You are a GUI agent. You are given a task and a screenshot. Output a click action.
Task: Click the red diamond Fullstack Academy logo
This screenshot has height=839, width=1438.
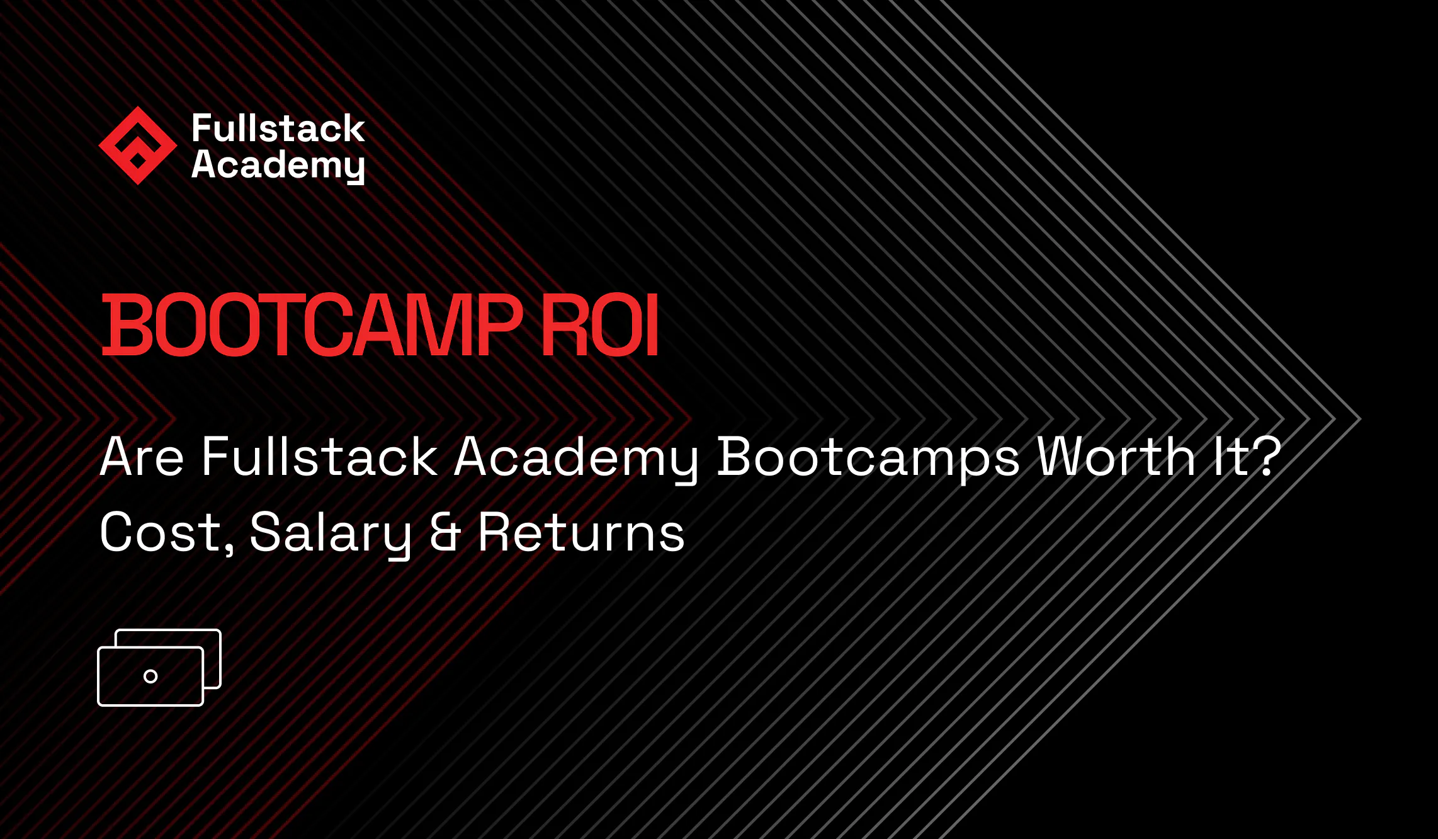[x=137, y=146]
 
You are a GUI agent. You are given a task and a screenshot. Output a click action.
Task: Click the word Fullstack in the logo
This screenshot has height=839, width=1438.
[x=278, y=128]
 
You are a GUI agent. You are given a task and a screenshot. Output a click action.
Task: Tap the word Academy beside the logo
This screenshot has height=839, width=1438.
[x=278, y=165]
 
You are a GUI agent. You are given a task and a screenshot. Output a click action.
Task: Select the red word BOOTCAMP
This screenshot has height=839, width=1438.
[x=312, y=326]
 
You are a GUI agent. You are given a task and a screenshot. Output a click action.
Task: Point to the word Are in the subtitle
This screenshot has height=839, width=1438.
[x=142, y=457]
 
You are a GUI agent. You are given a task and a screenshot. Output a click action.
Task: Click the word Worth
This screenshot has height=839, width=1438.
[x=1116, y=457]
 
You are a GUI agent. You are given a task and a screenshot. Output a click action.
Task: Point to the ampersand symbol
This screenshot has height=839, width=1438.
[x=445, y=533]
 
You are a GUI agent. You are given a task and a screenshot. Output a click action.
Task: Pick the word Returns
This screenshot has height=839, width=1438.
[x=581, y=533]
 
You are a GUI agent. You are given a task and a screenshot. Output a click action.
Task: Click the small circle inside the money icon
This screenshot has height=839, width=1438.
[x=150, y=676]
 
